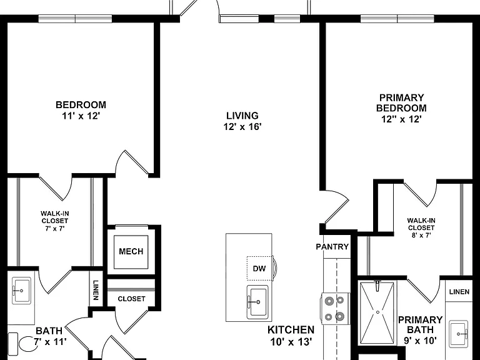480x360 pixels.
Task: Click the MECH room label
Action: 131,251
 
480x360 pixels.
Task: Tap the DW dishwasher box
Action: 260,268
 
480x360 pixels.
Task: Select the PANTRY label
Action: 332,246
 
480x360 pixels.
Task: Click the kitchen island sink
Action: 257,302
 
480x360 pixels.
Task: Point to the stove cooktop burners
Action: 334,309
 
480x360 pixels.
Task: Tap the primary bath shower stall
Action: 377,312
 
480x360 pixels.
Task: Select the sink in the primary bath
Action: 458,334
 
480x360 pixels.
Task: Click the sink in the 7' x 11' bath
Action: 21,291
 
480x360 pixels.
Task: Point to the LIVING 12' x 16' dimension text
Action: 242,126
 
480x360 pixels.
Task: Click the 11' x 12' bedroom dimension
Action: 81,116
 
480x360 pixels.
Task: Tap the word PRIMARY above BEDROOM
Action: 402,97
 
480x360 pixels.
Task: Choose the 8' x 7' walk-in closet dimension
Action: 421,235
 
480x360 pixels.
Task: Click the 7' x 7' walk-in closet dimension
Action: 55,228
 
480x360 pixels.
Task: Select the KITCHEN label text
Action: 291,330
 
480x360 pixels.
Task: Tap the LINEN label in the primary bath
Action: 459,292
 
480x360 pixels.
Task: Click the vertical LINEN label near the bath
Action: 96,290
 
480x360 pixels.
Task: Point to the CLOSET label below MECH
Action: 131,299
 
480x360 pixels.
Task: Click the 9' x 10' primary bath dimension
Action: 420,340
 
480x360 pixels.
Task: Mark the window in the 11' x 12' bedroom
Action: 75,19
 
